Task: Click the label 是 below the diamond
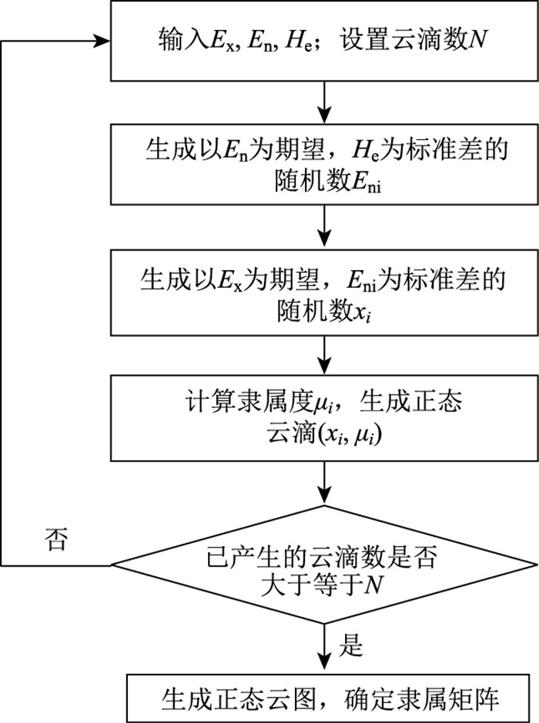point(351,645)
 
